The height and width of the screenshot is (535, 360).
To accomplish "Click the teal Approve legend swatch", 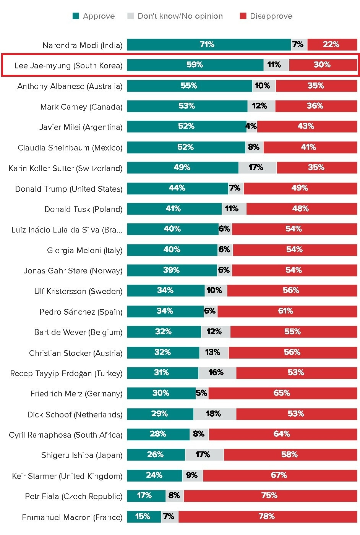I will tap(76, 16).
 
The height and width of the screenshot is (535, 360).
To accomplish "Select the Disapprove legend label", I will tap(271, 16).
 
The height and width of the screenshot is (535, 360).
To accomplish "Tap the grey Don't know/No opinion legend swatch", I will tap(131, 16).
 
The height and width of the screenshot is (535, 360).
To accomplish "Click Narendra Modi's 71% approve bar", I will tap(209, 45).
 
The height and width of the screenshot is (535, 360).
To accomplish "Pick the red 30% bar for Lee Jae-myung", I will tap(323, 65).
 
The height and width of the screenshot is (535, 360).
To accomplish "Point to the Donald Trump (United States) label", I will tap(69, 189).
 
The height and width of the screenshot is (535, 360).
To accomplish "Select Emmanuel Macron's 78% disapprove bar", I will tap(267, 517).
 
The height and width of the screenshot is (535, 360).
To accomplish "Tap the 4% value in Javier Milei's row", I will tap(251, 126).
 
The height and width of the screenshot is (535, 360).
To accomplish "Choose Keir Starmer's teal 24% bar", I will tap(154, 475).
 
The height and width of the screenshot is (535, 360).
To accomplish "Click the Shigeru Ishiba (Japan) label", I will tap(82, 455).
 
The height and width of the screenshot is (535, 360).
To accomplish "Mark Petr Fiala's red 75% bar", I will tap(270, 496).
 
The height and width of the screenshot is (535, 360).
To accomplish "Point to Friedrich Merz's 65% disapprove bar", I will tap(282, 393).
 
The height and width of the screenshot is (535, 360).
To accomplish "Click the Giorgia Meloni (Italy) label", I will tap(84, 251).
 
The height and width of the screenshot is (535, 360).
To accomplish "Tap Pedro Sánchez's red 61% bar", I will tap(287, 311).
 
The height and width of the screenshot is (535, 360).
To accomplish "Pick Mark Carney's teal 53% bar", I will tap(187, 106).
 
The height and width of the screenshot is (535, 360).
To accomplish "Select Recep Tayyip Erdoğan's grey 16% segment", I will tap(217, 373).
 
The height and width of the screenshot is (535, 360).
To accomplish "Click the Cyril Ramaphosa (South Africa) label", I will tap(66, 435).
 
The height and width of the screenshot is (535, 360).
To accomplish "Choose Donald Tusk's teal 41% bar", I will tap(174, 209).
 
